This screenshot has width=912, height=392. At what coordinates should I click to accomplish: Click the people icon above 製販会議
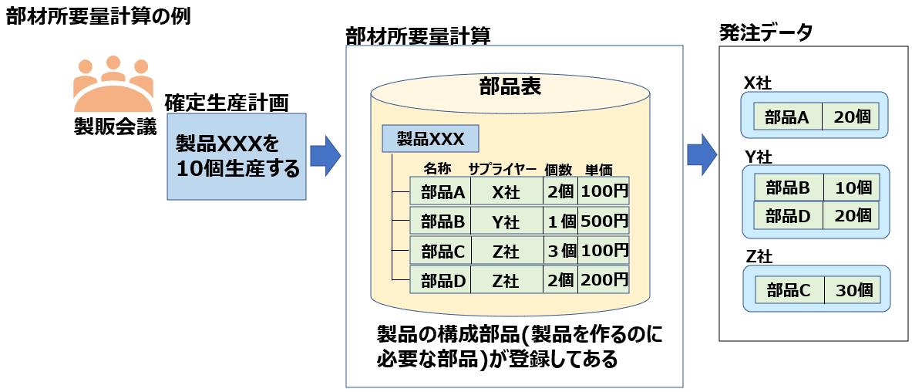click(x=113, y=83)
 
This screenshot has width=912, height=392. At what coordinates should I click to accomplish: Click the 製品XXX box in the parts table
click(x=430, y=140)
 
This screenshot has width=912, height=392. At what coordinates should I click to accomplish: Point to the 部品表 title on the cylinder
click(x=510, y=86)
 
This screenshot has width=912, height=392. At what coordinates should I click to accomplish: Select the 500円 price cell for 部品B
click(x=604, y=221)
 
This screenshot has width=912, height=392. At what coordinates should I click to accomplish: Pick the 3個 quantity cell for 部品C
click(x=561, y=251)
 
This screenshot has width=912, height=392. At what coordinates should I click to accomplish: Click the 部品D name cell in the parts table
click(x=443, y=281)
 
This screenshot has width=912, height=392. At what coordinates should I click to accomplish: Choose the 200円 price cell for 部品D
click(x=604, y=281)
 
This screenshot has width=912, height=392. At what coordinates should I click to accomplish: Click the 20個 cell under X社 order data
click(x=852, y=117)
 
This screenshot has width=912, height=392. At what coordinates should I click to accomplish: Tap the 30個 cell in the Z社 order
click(x=853, y=291)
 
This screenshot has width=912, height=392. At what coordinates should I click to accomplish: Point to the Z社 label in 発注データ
click(x=759, y=255)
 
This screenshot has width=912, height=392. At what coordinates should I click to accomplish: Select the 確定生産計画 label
click(x=227, y=102)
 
